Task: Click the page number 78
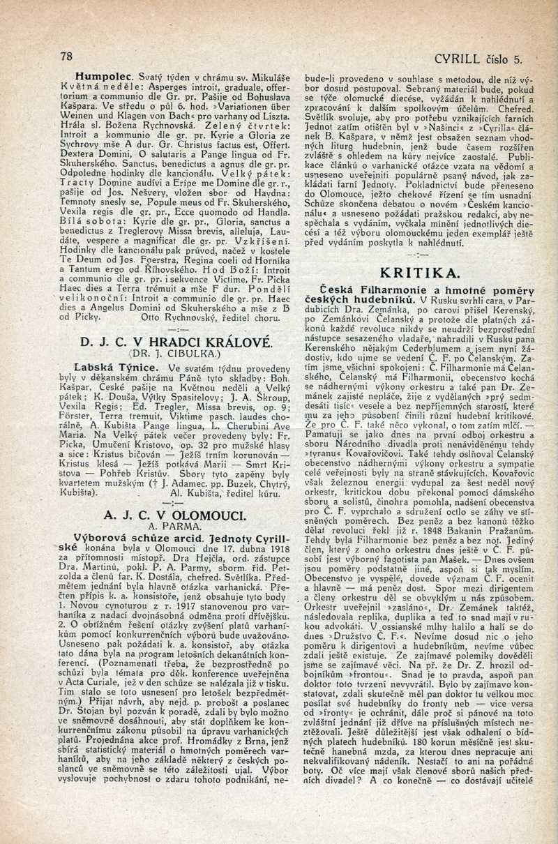click(x=67, y=56)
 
